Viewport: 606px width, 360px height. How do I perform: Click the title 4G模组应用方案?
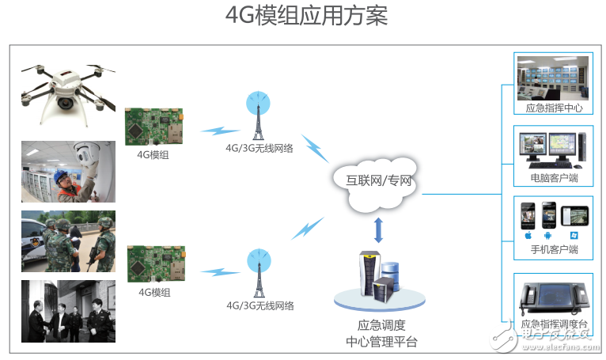(x=306, y=16)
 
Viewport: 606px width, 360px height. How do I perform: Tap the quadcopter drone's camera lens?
(x=65, y=102)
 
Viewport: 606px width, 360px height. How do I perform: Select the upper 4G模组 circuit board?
(x=153, y=127)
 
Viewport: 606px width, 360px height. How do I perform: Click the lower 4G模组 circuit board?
(x=156, y=264)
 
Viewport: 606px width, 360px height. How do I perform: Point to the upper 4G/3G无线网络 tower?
(x=258, y=116)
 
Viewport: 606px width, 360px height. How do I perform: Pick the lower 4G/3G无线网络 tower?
(x=259, y=273)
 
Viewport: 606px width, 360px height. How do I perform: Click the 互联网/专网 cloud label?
(x=378, y=180)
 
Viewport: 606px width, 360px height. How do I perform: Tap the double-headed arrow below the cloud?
(x=378, y=230)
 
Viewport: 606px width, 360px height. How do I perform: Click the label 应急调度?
(x=381, y=325)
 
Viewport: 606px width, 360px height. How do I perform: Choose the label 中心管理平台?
(x=381, y=342)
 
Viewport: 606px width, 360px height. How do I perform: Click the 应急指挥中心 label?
(x=554, y=108)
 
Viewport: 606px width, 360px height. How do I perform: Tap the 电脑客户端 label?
(x=555, y=178)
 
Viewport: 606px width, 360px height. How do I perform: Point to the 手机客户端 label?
(x=555, y=249)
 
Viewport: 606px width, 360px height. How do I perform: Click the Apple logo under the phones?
(x=528, y=235)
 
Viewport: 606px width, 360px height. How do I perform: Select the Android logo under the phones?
(x=547, y=235)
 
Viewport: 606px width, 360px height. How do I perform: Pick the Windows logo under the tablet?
(x=574, y=235)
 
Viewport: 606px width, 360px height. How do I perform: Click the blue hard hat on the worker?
(x=62, y=176)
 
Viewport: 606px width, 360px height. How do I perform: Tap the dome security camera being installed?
(x=86, y=153)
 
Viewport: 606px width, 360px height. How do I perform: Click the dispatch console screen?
(x=555, y=295)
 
